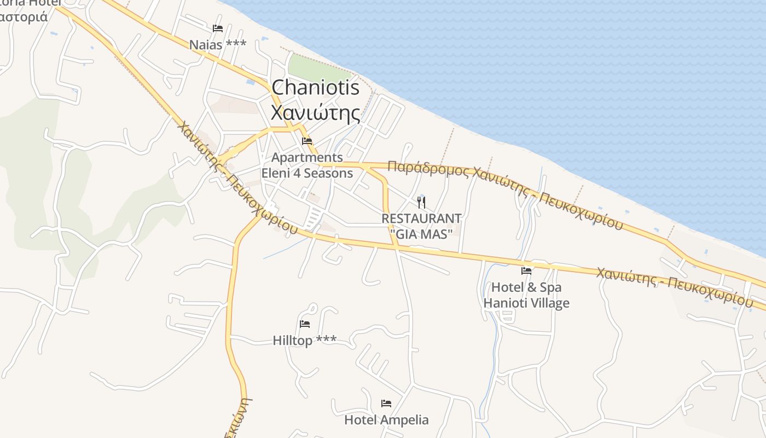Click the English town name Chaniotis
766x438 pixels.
[x=316, y=88]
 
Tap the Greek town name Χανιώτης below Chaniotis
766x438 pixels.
[x=316, y=113]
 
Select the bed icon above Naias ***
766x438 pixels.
[x=218, y=28]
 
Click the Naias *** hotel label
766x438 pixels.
[x=218, y=45]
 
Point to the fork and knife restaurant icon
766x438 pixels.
[x=421, y=203]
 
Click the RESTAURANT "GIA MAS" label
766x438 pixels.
[x=421, y=226]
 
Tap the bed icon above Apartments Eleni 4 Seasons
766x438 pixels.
[x=307, y=142]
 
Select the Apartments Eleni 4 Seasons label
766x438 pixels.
[x=307, y=165]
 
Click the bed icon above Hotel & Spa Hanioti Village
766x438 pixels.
[x=526, y=270]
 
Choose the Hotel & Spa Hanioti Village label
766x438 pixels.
[x=526, y=295]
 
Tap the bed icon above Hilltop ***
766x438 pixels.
[x=305, y=324]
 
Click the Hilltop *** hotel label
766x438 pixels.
[x=305, y=341]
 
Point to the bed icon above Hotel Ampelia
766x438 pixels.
[x=386, y=404]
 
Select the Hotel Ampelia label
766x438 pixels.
[x=386, y=420]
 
